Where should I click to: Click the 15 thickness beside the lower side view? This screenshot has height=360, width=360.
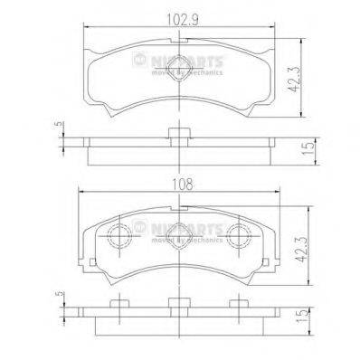pos(310,318)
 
